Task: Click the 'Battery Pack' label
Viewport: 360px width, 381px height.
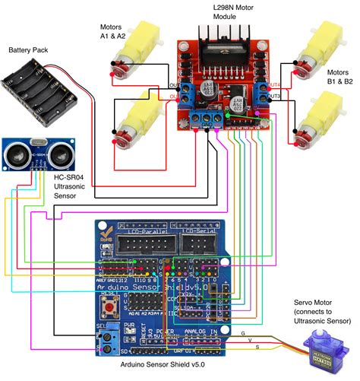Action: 29,49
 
